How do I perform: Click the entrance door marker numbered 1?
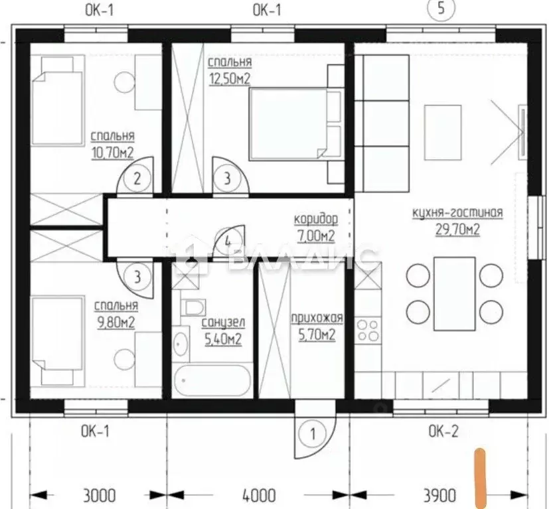[x=313, y=434]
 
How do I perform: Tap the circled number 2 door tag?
[x=137, y=179]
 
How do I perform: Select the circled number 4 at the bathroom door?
[x=228, y=241]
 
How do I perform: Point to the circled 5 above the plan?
[x=441, y=8]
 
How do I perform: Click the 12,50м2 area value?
[x=230, y=79]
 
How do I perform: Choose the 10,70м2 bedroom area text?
[x=112, y=153]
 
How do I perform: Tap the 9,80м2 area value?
[x=116, y=323]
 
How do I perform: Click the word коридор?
[x=316, y=220]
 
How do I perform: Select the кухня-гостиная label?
[x=457, y=212]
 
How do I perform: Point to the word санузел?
[x=223, y=323]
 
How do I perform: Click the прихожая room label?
[x=317, y=319]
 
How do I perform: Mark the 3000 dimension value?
[x=100, y=495]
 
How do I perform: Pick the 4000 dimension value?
[x=259, y=495]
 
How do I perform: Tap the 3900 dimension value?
[x=439, y=495]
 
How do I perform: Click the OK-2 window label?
[x=443, y=431]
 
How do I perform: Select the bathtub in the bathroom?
[x=212, y=380]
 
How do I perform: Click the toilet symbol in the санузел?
[x=193, y=307]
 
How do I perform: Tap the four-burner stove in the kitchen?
[x=368, y=330]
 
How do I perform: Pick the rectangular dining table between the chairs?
[x=455, y=294]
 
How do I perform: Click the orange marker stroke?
[x=480, y=478]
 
